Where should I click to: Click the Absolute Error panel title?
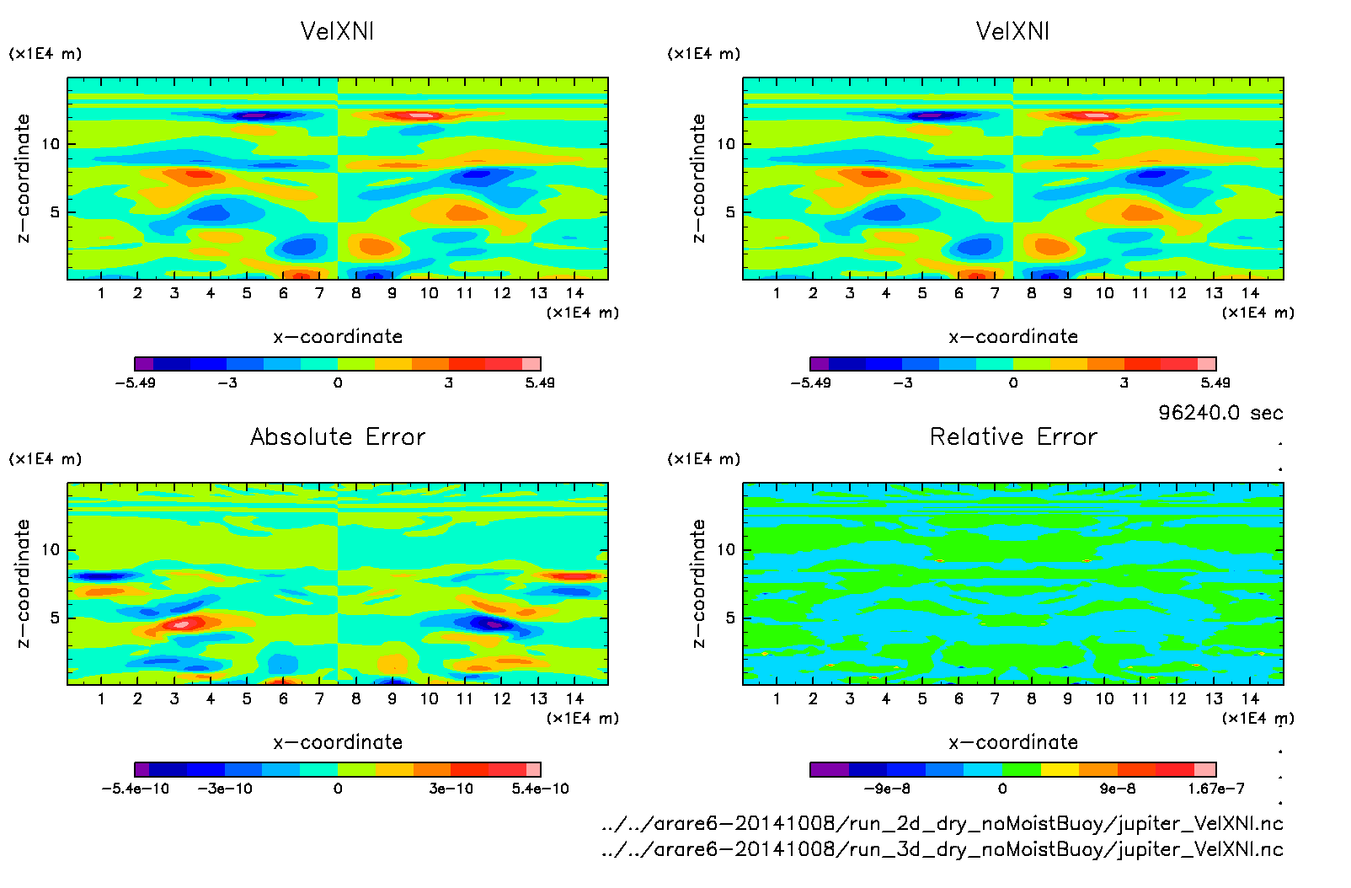tap(338, 436)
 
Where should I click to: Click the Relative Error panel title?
tap(1013, 436)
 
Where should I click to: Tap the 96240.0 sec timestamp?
tap(1220, 412)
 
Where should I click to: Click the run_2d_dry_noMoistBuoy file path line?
tap(942, 823)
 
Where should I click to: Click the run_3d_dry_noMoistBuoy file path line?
tap(942, 849)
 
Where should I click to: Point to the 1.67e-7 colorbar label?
tap(1215, 789)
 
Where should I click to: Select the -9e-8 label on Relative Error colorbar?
tap(887, 789)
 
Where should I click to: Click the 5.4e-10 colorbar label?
tap(540, 789)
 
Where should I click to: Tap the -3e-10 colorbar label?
tap(225, 789)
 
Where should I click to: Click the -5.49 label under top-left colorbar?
tap(135, 382)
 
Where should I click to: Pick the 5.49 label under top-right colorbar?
tap(1215, 382)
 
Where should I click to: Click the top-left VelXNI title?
tap(337, 31)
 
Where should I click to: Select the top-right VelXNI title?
tap(1012, 31)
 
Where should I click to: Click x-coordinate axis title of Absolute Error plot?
tap(338, 742)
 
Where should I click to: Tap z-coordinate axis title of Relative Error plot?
tap(698, 583)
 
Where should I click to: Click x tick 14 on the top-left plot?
tap(574, 293)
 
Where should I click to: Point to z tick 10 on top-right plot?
tap(726, 144)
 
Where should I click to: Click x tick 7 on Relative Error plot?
tap(995, 698)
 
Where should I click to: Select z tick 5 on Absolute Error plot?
tap(55, 618)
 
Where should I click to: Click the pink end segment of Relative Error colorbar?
tap(1205, 769)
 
